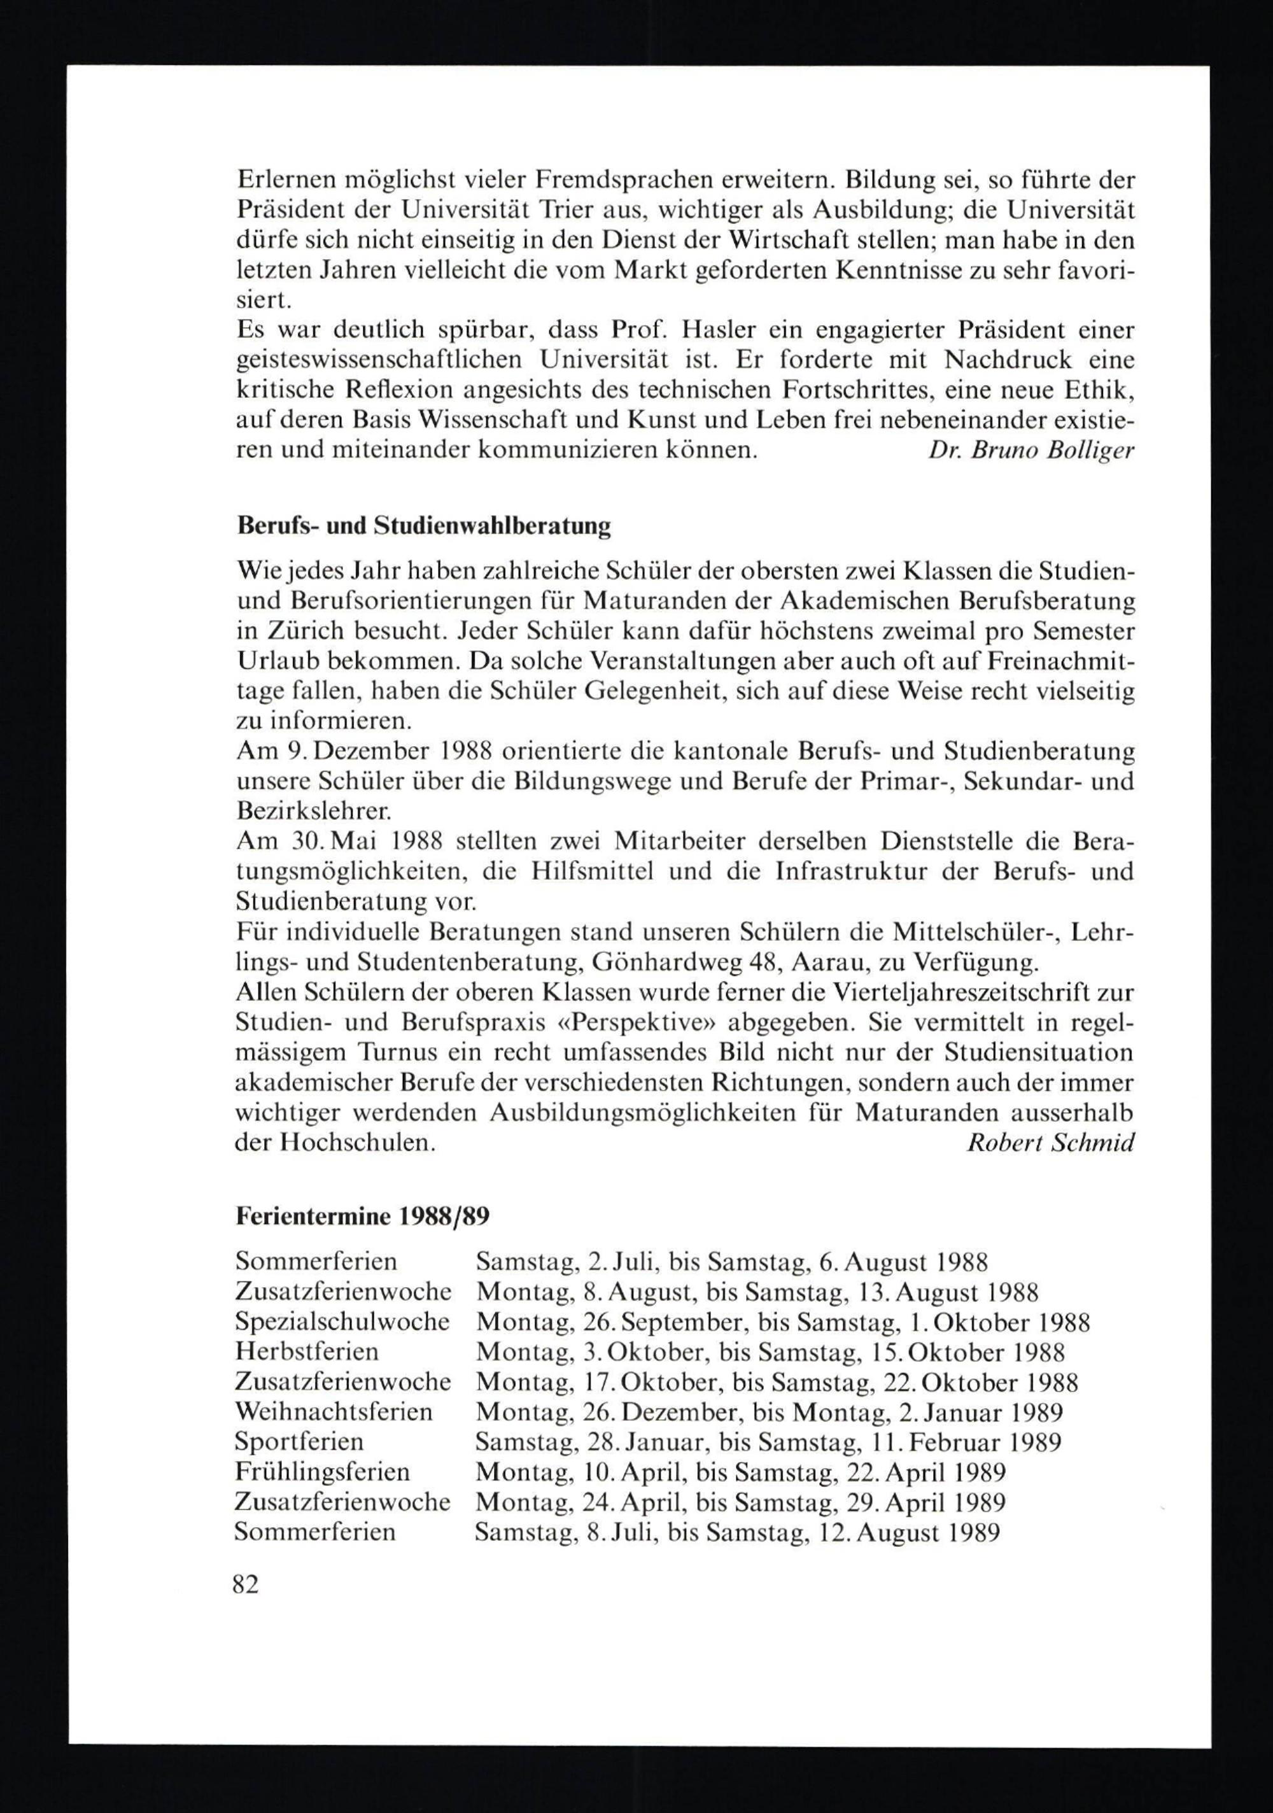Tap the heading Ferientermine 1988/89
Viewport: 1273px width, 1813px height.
(x=362, y=1217)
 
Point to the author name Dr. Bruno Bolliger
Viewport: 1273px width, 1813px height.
(x=1030, y=451)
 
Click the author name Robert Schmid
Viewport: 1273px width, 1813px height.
(x=1050, y=1143)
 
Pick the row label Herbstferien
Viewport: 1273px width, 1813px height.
(x=307, y=1352)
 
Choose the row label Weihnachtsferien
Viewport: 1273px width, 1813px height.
(x=334, y=1412)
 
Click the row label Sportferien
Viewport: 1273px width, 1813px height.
(x=299, y=1442)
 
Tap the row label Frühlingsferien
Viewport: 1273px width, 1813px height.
(x=322, y=1472)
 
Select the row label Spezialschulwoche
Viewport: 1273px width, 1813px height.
(x=342, y=1322)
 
